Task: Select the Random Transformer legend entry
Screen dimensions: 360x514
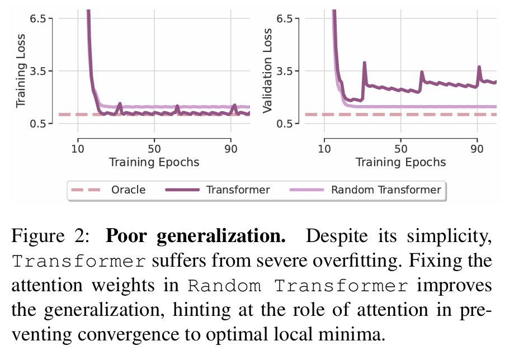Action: coord(385,190)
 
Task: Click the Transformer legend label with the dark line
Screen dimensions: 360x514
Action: coord(238,190)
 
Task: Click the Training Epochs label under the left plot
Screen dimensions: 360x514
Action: coord(154,163)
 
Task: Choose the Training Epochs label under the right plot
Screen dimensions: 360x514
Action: coord(400,163)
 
